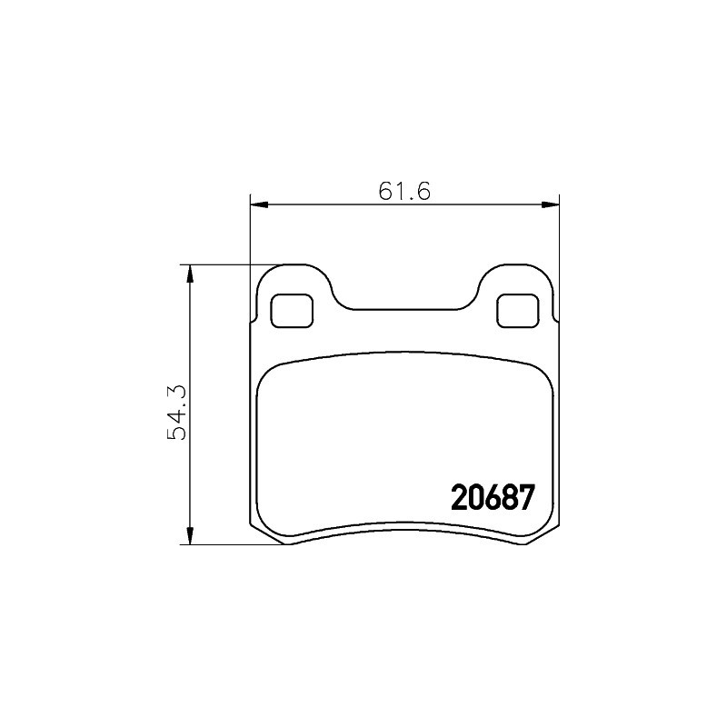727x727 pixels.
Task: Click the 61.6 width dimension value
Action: (x=404, y=192)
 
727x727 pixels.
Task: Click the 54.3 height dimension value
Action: (x=176, y=413)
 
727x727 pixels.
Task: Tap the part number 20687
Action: (x=493, y=497)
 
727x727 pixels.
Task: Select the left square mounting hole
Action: (x=292, y=311)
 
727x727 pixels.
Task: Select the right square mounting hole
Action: (x=518, y=311)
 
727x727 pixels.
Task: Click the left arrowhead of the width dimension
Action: (x=259, y=205)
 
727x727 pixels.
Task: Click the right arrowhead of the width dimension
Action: (x=551, y=205)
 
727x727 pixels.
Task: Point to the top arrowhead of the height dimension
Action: (x=189, y=274)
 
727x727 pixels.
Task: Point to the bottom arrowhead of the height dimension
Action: (x=189, y=535)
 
